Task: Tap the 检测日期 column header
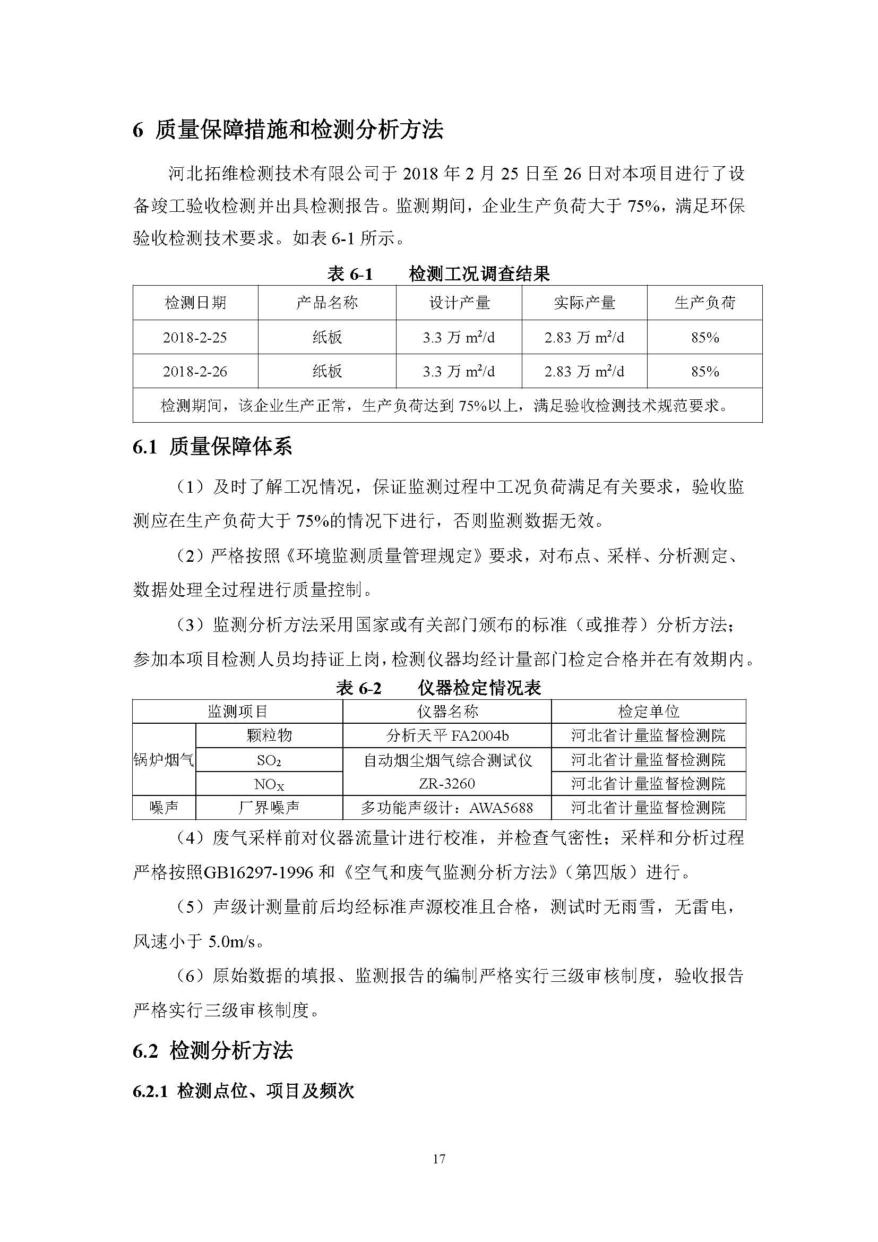pos(195,302)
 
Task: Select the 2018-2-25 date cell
pos(195,338)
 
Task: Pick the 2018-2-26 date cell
pos(195,372)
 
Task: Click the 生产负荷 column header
pos(704,302)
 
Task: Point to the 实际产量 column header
pos(584,302)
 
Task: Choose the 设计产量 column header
pos(459,302)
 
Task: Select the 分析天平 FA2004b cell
pos(447,735)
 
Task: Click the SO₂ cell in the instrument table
pos(269,760)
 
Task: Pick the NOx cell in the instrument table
pos(269,784)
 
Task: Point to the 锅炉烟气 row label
pos(164,760)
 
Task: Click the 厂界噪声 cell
pos(269,808)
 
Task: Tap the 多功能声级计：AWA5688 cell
pos(447,808)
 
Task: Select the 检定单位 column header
pos(648,712)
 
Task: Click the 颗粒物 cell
pos(269,735)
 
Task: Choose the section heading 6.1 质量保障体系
pos(212,447)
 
